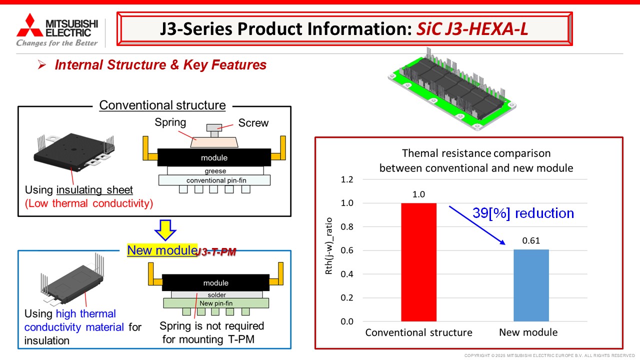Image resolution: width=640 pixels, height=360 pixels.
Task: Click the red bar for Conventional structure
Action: (x=418, y=262)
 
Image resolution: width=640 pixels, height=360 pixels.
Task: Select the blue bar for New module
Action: (x=531, y=285)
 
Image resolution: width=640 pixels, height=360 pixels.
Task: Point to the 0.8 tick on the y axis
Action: (x=347, y=227)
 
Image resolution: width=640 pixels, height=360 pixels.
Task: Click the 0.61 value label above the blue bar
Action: (x=531, y=240)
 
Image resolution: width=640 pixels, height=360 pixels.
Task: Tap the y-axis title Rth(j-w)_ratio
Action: (x=329, y=246)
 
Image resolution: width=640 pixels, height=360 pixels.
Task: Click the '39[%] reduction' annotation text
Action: (x=523, y=213)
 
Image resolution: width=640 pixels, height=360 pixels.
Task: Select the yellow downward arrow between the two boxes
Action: (x=165, y=230)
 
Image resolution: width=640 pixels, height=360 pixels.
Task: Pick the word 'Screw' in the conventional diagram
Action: (x=253, y=123)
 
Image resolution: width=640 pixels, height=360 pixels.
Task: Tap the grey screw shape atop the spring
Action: (x=214, y=130)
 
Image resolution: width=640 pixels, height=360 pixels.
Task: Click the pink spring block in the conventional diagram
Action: (x=214, y=142)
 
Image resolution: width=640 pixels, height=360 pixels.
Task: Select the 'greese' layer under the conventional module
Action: (x=215, y=171)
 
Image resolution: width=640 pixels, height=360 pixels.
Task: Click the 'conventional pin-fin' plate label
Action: (x=216, y=180)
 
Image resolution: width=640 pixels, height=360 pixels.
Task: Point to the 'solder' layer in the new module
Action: (x=217, y=294)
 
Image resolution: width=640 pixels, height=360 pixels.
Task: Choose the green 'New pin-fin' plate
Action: (x=216, y=303)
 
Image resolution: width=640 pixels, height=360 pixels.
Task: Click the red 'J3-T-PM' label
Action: (x=217, y=251)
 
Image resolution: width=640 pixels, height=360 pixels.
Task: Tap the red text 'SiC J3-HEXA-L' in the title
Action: (x=472, y=28)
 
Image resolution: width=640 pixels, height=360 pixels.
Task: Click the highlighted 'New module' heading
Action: (x=162, y=250)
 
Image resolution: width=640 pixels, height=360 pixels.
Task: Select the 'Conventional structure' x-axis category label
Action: (x=418, y=332)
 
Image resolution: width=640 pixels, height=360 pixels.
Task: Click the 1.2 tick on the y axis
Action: (x=347, y=179)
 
